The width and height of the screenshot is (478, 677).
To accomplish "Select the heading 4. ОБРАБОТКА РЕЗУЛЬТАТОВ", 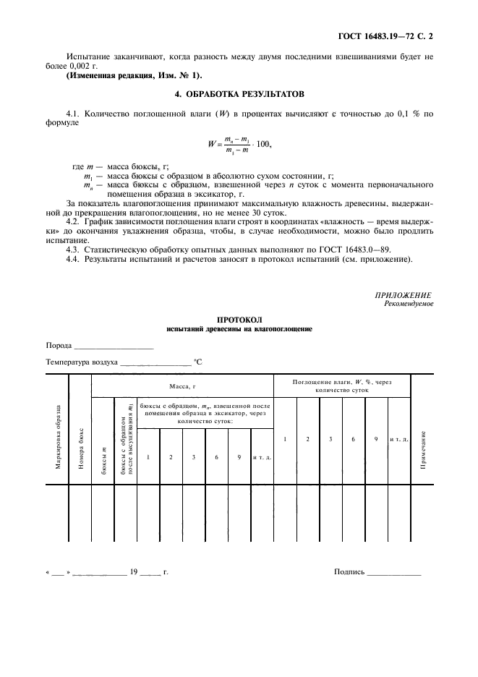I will pyautogui.click(x=239, y=94).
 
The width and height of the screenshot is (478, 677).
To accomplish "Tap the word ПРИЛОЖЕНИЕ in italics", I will pyautogui.click(x=404, y=295).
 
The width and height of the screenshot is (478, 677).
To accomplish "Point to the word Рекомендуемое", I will pyautogui.click(x=409, y=304).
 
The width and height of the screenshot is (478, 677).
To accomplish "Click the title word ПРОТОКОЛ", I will pyautogui.click(x=239, y=319).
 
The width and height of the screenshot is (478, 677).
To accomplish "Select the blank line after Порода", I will pyautogui.click(x=114, y=346).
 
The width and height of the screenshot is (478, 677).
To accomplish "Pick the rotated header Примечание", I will pyautogui.click(x=422, y=448).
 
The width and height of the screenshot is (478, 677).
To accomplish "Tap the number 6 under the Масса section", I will pyautogui.click(x=216, y=457).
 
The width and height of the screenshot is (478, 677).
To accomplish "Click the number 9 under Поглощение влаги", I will pyautogui.click(x=376, y=439).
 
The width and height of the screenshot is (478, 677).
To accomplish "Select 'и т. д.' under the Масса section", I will pyautogui.click(x=261, y=457).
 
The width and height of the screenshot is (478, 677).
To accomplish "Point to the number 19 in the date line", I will pyautogui.click(x=133, y=572).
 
